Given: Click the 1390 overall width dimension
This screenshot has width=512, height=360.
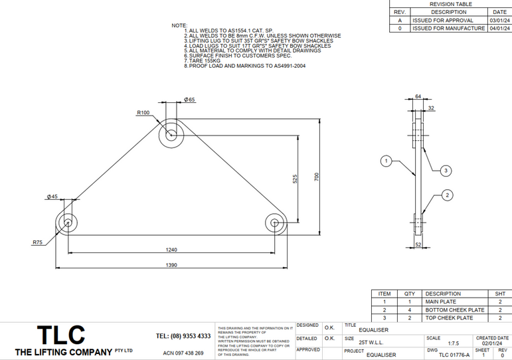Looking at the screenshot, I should point(171,264).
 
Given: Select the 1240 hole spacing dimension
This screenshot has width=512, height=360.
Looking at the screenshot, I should point(171,249).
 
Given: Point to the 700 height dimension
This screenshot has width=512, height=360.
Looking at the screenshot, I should point(317,177).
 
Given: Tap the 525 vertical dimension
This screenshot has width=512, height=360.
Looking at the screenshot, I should point(295,179).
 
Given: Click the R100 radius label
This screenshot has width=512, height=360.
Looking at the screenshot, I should point(143,113).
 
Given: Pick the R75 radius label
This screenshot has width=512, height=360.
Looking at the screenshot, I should point(38,243).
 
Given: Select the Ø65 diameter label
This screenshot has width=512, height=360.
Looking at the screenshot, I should point(189,100).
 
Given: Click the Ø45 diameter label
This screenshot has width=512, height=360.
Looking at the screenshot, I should point(52,197).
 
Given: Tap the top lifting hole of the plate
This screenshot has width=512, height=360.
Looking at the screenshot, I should point(171,134).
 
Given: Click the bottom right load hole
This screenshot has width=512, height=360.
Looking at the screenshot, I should point(275,223).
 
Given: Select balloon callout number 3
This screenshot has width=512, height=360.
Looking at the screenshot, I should point(446,171).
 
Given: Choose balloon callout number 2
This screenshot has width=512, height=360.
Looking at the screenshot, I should point(448,195).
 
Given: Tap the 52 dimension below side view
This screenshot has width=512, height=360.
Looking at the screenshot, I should point(418,244).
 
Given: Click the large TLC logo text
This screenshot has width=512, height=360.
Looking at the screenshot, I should point(60,334).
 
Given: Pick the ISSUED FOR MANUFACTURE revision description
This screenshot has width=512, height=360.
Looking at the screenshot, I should point(448,29).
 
